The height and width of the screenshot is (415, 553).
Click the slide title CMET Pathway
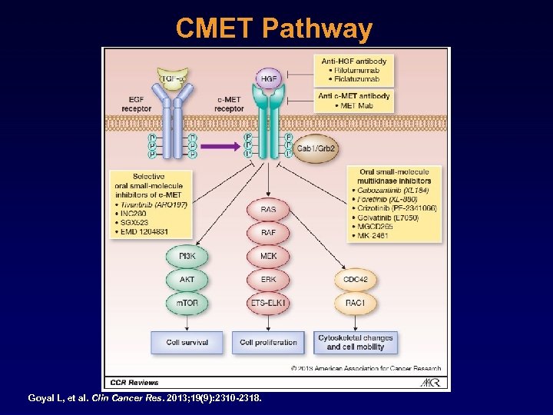(273, 29)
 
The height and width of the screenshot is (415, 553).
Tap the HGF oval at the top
(268, 78)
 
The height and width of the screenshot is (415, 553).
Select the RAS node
(268, 208)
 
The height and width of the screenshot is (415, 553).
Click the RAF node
(268, 231)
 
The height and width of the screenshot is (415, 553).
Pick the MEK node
(268, 256)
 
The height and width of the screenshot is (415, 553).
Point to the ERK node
(268, 279)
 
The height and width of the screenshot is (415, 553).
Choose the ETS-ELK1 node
(268, 303)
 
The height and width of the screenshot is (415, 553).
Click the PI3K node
(187, 256)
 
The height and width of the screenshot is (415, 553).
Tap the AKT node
(187, 279)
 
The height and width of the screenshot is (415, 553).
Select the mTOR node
(187, 303)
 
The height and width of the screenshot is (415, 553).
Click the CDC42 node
(355, 279)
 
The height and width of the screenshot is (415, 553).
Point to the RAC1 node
(355, 303)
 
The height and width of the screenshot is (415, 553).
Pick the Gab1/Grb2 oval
(316, 148)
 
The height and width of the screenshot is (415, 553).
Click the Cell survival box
(187, 342)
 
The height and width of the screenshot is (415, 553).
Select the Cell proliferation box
(268, 342)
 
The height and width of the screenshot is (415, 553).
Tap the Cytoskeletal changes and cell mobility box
(355, 342)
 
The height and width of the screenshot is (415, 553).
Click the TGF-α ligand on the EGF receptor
(174, 78)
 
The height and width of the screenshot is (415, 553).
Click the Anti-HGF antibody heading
(354, 61)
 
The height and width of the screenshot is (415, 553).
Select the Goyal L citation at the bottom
(144, 398)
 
